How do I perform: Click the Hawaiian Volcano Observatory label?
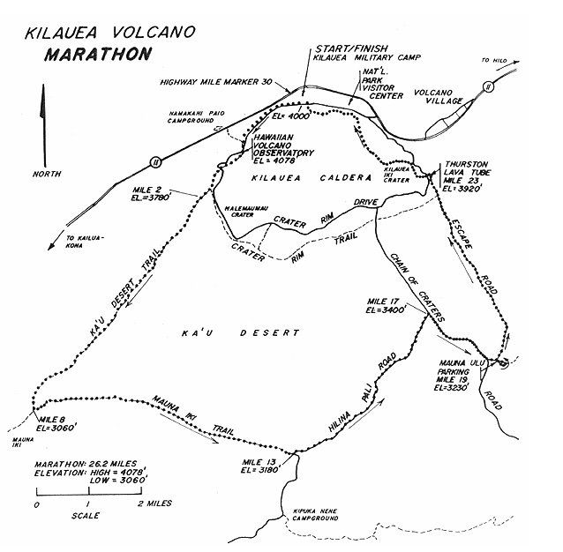282,151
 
